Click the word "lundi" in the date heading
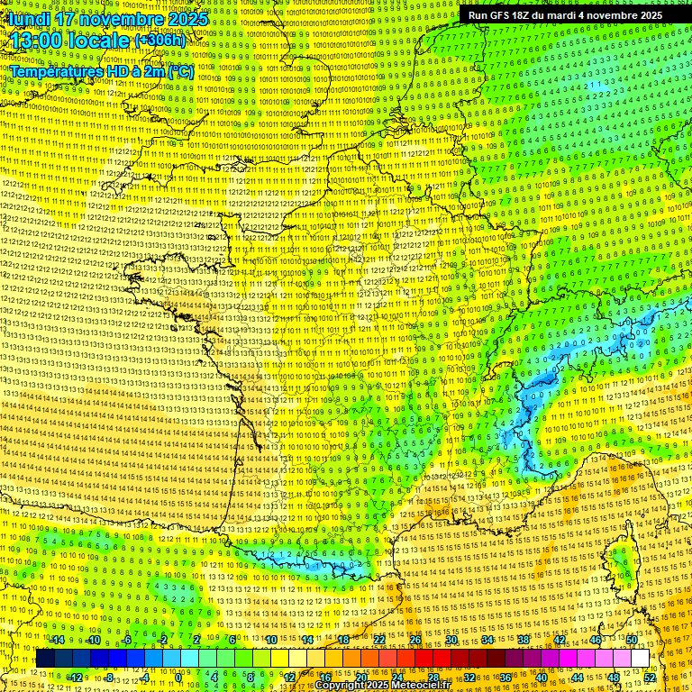[x=27, y=19]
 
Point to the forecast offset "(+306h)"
[x=159, y=41]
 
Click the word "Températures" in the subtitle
[x=55, y=70]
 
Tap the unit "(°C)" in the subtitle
[x=179, y=70]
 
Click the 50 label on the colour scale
[x=632, y=640]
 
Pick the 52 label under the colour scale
[x=650, y=678]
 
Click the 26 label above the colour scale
[x=415, y=640]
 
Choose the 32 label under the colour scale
[x=469, y=678]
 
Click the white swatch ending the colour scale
[x=640, y=659]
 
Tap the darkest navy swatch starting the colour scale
[x=45, y=659]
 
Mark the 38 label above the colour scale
[x=524, y=640]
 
